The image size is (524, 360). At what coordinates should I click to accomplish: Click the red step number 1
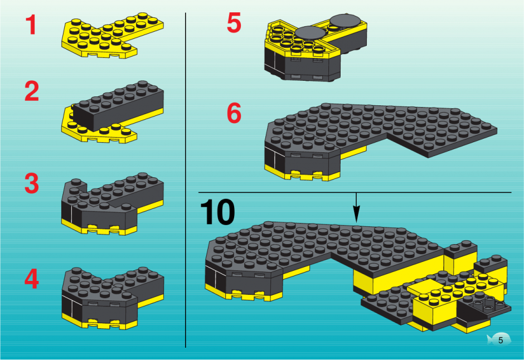tap(31, 25)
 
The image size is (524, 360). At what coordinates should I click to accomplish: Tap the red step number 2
tap(32, 91)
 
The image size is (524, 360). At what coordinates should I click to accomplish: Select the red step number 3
tap(32, 183)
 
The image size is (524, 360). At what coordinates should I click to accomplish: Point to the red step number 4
tap(32, 279)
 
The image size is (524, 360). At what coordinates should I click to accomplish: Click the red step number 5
tap(234, 23)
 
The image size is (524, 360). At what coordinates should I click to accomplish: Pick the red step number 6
tap(234, 113)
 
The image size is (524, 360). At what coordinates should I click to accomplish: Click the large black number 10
tap(217, 212)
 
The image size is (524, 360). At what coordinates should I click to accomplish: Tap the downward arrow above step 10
tap(357, 207)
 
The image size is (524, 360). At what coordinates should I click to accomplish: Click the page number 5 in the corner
tap(501, 340)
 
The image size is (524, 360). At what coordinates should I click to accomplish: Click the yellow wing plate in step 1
tap(112, 35)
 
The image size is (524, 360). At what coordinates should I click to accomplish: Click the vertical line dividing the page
tap(186, 181)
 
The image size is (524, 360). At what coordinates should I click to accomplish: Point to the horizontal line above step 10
tap(355, 192)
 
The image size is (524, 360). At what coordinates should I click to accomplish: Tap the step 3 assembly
tap(113, 204)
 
